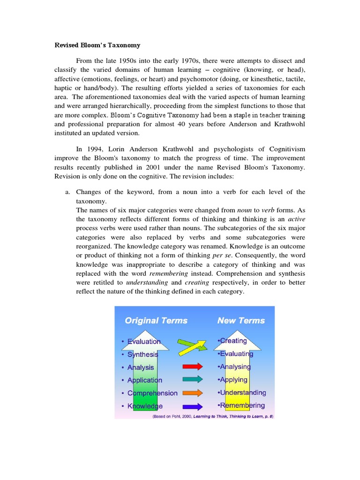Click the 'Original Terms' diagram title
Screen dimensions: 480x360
156,321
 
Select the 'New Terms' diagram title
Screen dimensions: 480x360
241,321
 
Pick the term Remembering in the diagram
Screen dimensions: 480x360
241,405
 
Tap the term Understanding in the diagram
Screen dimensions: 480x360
242,392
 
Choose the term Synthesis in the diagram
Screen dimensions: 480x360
142,354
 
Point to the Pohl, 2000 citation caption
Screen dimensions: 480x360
213,416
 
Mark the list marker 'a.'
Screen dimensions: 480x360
67,192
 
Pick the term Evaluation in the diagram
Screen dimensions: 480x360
144,342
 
